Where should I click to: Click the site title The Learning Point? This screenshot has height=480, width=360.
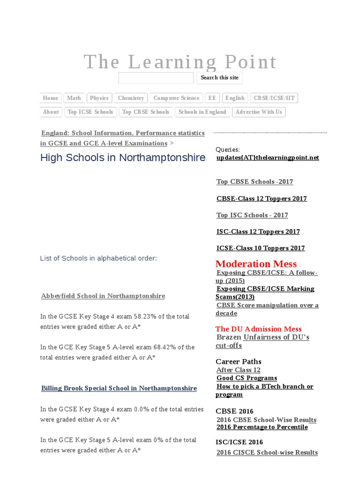[180, 62]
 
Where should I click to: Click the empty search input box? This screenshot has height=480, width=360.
[156, 78]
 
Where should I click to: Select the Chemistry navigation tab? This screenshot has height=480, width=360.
[131, 98]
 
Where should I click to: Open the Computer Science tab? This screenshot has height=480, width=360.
[176, 98]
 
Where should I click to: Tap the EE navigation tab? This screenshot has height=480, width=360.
[212, 98]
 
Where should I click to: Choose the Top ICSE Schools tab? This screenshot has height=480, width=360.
[90, 112]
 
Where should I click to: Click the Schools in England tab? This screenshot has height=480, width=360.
[202, 112]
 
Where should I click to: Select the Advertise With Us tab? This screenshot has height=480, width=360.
[259, 112]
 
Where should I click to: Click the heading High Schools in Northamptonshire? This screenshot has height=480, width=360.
[123, 157]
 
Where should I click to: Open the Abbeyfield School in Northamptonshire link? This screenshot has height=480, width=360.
[103, 296]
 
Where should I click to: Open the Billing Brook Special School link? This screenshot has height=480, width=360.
[119, 389]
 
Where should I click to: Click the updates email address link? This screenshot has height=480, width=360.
[268, 157]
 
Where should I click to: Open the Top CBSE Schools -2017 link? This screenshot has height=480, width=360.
[255, 182]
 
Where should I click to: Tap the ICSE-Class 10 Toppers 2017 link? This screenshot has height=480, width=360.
[261, 248]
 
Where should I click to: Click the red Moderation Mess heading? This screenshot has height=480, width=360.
[256, 263]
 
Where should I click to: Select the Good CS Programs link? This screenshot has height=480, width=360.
[247, 378]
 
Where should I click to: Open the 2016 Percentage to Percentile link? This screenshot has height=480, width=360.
[262, 427]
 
